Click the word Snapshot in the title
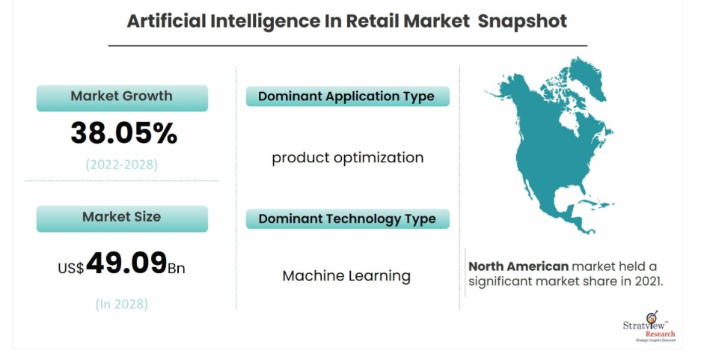pos(522,22)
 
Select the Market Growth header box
pos(122,98)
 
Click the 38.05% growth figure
pos(124,132)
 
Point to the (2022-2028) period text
pos(122,165)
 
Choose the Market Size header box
pos(122,219)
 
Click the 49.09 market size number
pos(126,263)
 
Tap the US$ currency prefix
pos(70,268)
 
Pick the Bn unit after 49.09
pos(176,268)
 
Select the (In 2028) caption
pos(122,304)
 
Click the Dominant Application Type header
pos(347,96)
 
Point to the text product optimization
pos(347,158)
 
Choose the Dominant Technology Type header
pos(347,219)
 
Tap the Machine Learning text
pos(346,276)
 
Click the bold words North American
pos(518,266)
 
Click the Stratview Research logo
pos(649,327)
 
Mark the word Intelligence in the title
pos(264,22)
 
